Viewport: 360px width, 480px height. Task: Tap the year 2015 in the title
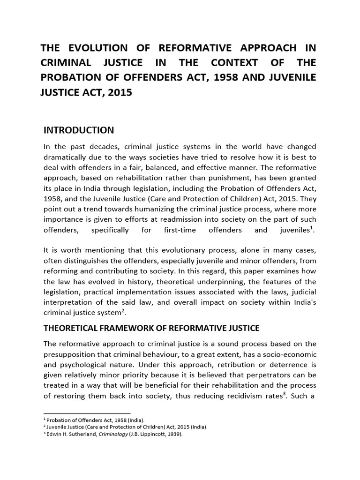[x=120, y=92]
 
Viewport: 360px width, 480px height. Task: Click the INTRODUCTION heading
[x=78, y=130]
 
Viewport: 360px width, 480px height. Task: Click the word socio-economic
[x=287, y=353]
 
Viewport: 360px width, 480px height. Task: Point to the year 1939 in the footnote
[x=173, y=435]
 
